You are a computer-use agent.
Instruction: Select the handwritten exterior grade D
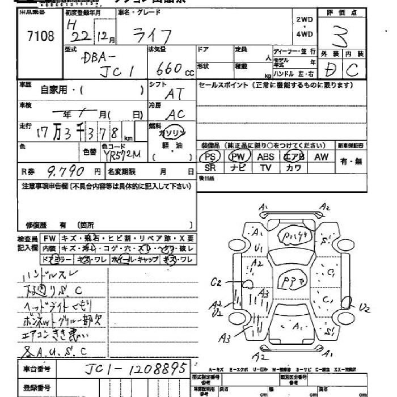[x=328, y=70]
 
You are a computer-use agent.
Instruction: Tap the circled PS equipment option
[x=210, y=157]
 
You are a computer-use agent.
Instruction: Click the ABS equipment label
[x=265, y=157]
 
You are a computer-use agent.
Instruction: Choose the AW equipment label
[x=321, y=157]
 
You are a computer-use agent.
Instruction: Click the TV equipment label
[x=265, y=168]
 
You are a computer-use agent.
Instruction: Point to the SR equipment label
[x=210, y=168]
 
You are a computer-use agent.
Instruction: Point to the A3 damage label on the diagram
[x=226, y=339]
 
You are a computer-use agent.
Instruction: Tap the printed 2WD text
[x=305, y=19]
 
